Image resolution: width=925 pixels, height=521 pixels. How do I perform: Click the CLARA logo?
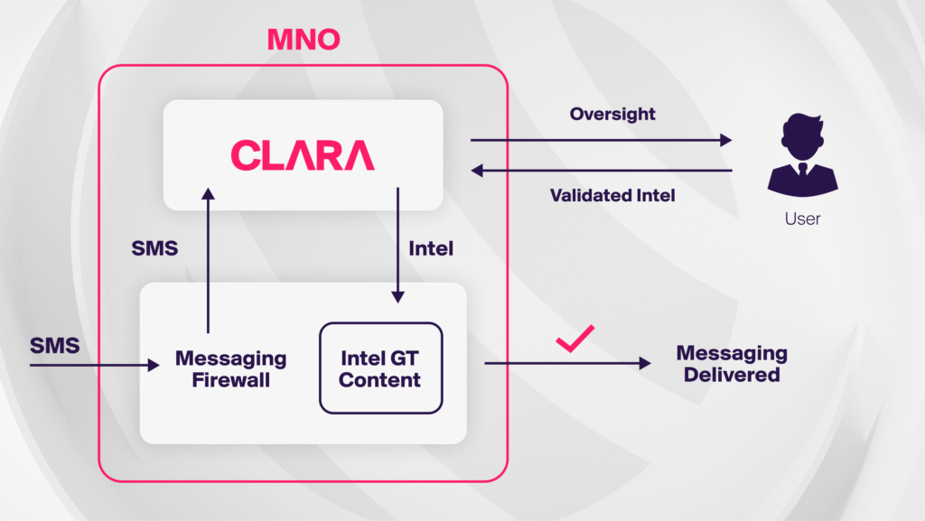click(303, 155)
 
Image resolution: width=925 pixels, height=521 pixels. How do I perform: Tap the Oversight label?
click(612, 115)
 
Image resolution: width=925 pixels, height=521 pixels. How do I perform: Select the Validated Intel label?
click(612, 195)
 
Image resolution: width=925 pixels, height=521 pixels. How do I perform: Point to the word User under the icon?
click(802, 219)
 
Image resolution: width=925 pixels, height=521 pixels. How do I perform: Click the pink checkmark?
click(574, 339)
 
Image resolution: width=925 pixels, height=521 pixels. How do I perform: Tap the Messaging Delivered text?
click(732, 363)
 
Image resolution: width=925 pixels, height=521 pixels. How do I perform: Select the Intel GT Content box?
click(380, 368)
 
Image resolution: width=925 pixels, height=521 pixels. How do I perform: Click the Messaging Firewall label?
click(230, 368)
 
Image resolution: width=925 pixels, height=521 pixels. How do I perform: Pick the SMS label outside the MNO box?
click(54, 345)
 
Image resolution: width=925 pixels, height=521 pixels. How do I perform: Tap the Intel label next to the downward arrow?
click(431, 248)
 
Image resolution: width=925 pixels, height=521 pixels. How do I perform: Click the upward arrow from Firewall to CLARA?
click(209, 262)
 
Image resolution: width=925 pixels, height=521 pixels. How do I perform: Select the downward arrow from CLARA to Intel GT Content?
click(397, 244)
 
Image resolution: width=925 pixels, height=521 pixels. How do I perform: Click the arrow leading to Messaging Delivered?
click(567, 363)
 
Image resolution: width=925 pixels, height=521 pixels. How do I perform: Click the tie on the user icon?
click(802, 170)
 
